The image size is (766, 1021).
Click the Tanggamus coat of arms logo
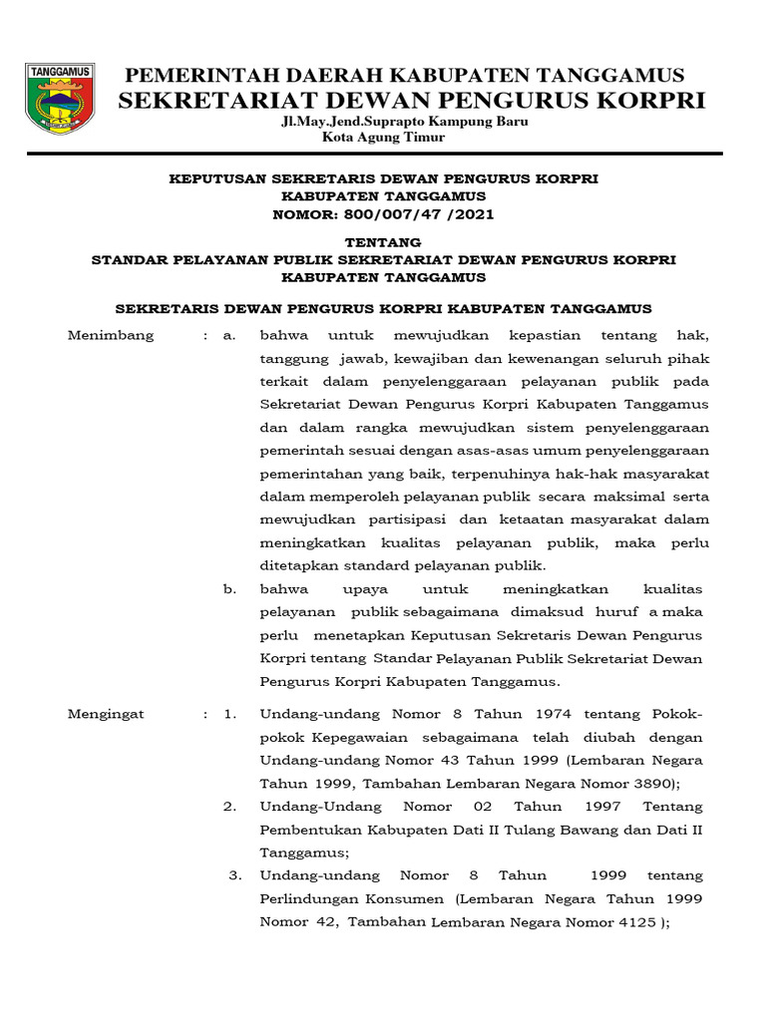[x=60, y=99]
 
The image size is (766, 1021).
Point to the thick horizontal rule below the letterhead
[x=375, y=154]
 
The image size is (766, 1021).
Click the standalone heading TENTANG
[x=383, y=242]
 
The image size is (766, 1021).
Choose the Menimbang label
[x=111, y=335]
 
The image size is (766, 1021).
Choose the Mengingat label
[x=106, y=714]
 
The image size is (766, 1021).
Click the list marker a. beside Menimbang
[x=229, y=335]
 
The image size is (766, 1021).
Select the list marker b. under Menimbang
[x=229, y=589]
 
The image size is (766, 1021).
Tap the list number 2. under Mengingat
[x=229, y=806]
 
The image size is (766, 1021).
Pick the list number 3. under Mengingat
[x=235, y=875]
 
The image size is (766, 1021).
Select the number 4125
[x=631, y=922]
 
